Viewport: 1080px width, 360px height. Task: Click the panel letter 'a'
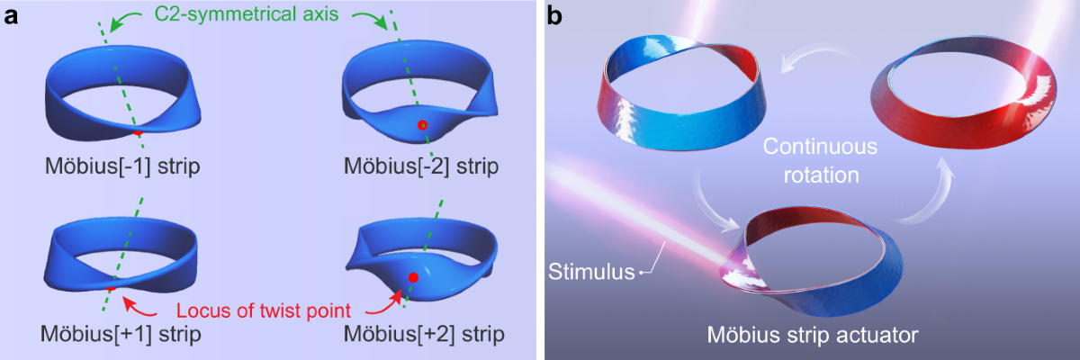pos(12,15)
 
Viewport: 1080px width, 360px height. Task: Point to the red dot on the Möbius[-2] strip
pos(421,127)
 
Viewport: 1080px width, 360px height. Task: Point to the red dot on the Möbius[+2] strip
pos(412,277)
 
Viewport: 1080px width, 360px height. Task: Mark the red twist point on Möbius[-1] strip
pos(137,132)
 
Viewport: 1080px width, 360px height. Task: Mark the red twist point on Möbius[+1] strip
pos(110,287)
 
